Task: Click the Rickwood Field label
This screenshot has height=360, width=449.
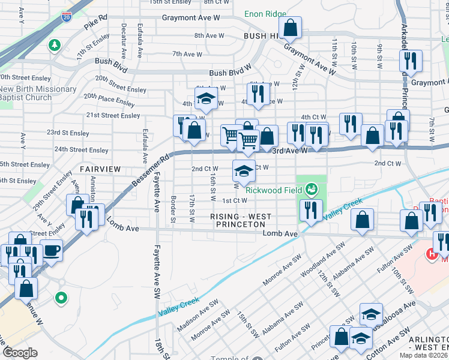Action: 273,190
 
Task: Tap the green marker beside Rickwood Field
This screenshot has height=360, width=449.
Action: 311,190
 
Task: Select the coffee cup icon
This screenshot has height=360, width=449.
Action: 51,250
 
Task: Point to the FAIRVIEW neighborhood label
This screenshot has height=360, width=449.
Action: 100,169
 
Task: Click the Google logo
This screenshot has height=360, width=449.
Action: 20,353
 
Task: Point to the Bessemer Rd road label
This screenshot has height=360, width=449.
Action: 152,167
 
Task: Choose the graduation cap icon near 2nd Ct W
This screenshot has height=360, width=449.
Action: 243,172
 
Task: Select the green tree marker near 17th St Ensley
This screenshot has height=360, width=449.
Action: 54,45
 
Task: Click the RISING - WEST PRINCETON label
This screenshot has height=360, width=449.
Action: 241,220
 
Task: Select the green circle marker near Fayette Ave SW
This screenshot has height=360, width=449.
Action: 61,297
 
